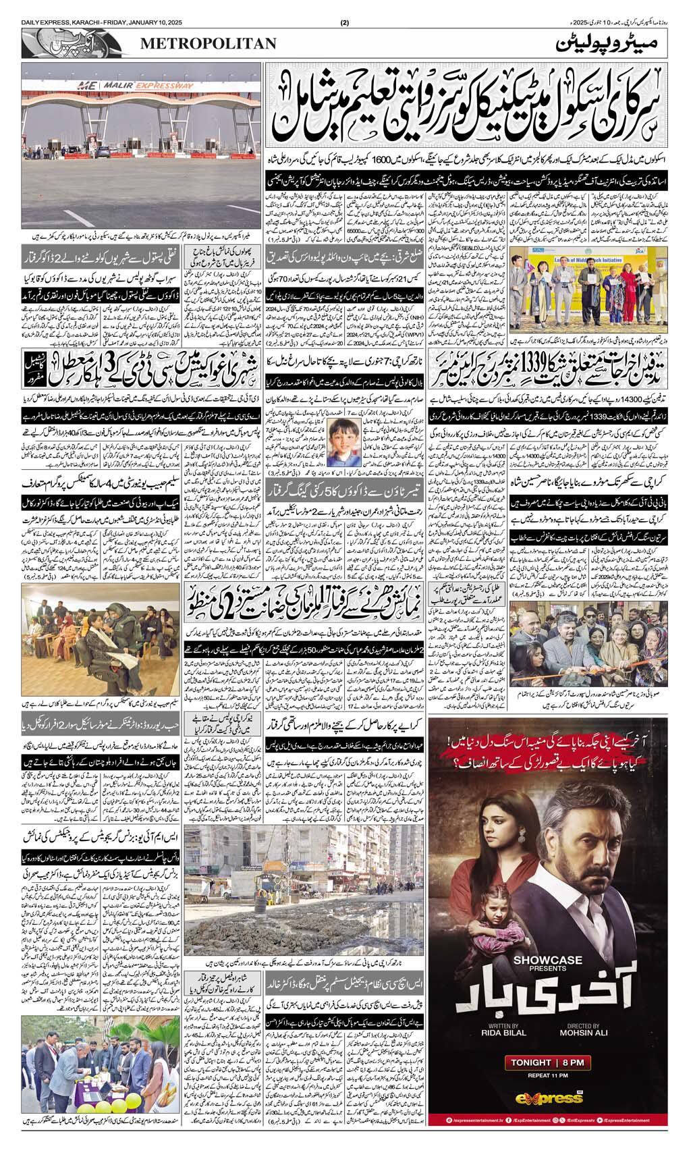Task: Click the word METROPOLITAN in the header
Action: [209, 44]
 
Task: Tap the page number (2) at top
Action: [345, 24]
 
